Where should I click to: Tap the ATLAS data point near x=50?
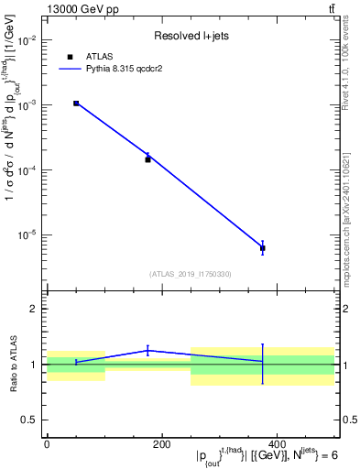click(76, 104)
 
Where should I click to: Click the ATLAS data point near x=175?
click(147, 159)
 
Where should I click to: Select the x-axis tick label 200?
click(161, 444)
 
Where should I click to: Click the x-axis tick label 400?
click(277, 444)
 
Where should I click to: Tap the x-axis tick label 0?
click(47, 444)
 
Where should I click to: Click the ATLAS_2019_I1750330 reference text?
click(190, 274)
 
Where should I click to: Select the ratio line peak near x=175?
click(147, 350)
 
